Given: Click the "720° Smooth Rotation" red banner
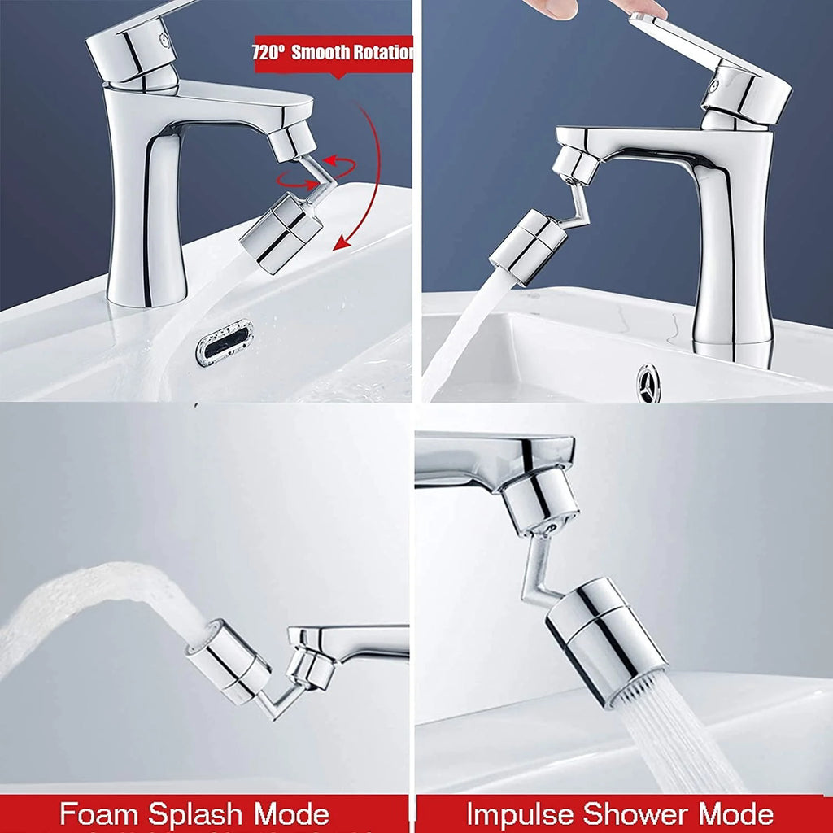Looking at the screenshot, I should [x=334, y=54].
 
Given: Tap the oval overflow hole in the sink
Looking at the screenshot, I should [x=225, y=342].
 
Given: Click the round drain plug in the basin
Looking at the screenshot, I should [x=648, y=383].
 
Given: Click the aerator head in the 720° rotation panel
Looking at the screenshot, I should [x=281, y=232].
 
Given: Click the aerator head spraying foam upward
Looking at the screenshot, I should [x=227, y=661].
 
